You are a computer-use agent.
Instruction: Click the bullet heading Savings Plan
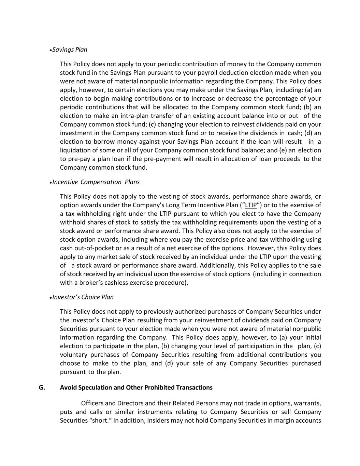click(x=70, y=50)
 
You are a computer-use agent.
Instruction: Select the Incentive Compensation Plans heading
click(x=96, y=182)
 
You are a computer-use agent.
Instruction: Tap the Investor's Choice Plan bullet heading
click(x=83, y=297)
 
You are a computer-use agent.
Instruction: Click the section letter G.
click(x=42, y=387)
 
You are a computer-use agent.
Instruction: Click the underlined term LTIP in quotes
click(x=251, y=205)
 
